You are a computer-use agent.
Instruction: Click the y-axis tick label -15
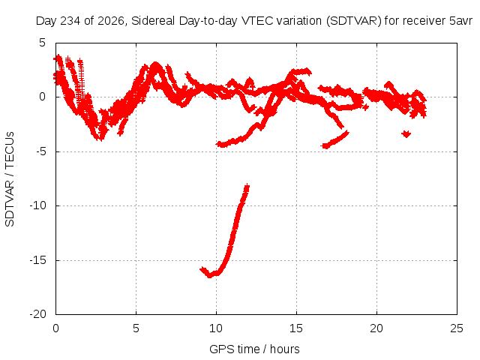click(x=37, y=260)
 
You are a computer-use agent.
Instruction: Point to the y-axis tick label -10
click(x=37, y=205)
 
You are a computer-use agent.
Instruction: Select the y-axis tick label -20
click(x=37, y=314)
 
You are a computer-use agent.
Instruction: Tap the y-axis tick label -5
click(x=40, y=151)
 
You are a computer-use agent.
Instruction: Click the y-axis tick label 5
click(x=42, y=43)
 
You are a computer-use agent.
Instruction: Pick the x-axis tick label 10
click(x=216, y=328)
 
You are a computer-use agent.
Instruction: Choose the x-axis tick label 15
click(x=296, y=328)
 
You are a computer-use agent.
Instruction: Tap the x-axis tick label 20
click(x=376, y=328)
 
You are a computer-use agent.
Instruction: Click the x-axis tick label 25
click(x=457, y=328)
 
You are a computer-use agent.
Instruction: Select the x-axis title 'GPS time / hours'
click(x=254, y=349)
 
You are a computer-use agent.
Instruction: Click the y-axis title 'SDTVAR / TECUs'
click(x=10, y=179)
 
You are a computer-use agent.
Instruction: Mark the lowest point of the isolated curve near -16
click(x=210, y=276)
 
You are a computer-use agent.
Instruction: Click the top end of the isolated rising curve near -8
click(x=247, y=185)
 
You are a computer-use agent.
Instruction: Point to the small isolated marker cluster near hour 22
click(x=406, y=133)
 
